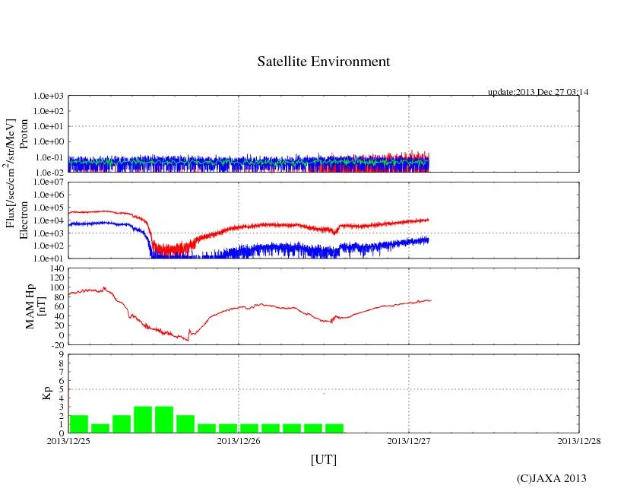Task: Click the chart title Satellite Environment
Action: coord(323,62)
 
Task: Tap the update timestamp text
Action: coord(538,92)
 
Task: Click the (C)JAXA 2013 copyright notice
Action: coord(551,478)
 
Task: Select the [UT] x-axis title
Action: coord(323,460)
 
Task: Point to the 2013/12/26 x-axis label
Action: coord(239,441)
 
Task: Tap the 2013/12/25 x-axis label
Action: coord(68,441)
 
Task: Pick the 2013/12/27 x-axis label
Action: coord(409,441)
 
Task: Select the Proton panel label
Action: coord(24,134)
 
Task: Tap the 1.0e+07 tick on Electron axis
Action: coord(49,183)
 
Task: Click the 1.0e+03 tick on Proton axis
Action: coord(49,97)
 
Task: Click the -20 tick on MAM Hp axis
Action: coord(55,344)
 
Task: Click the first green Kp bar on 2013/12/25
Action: coord(79,424)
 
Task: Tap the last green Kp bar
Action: coord(334,428)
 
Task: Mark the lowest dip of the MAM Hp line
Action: coord(188,339)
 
